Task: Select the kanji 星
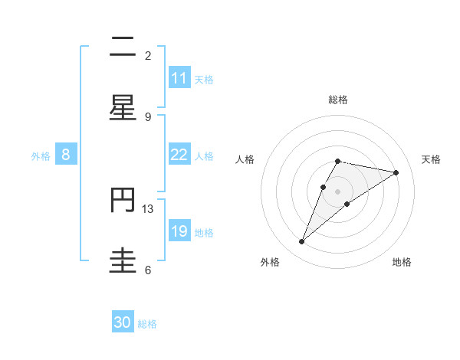(x=123, y=108)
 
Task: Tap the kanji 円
(x=123, y=201)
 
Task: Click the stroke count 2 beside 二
(x=148, y=55)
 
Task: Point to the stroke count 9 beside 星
(x=148, y=116)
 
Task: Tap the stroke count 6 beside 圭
(x=148, y=270)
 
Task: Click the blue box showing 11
(x=179, y=78)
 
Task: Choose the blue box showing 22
(x=179, y=155)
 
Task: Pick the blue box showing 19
(x=179, y=231)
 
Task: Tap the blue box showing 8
(x=66, y=155)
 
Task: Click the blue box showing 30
(x=123, y=322)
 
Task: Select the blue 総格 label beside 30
(x=147, y=324)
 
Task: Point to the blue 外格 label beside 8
(x=41, y=156)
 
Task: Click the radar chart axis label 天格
(x=431, y=159)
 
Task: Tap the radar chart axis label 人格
(x=245, y=159)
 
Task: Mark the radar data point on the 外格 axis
(x=302, y=242)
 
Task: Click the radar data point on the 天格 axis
(x=396, y=173)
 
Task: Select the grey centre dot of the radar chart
(x=338, y=191)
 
